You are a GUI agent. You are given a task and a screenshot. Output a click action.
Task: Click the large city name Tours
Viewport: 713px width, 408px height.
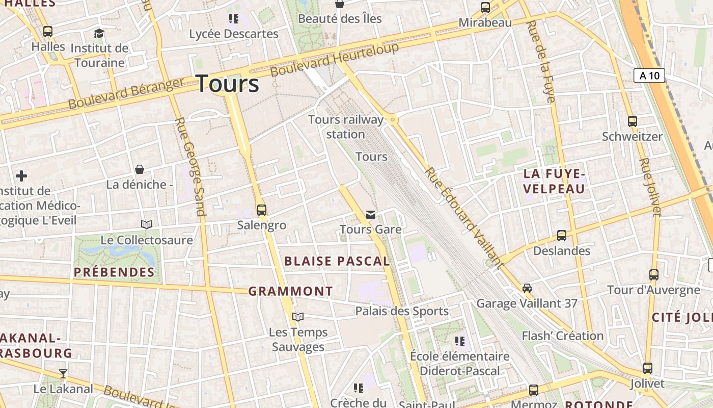click(227, 84)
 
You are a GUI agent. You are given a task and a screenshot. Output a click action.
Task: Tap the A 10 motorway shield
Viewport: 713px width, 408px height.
click(649, 76)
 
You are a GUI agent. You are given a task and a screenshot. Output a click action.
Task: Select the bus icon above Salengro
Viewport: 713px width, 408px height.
click(262, 210)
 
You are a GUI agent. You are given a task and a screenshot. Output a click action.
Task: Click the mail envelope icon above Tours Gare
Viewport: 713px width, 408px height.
click(371, 215)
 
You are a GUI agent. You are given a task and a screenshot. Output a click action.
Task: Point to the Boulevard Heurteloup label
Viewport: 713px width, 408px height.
click(334, 60)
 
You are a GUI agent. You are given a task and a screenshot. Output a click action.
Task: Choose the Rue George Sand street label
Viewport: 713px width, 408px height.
click(190, 168)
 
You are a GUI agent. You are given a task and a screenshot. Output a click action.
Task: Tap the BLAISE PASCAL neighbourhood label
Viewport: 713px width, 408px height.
click(337, 262)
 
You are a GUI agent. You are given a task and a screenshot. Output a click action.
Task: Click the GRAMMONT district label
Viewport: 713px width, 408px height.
click(290, 292)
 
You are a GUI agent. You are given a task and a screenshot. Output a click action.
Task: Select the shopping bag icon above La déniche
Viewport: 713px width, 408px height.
click(140, 169)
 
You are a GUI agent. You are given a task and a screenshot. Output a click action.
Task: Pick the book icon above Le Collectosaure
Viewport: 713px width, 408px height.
click(147, 224)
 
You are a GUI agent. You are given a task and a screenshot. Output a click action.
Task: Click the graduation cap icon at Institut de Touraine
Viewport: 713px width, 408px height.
click(99, 33)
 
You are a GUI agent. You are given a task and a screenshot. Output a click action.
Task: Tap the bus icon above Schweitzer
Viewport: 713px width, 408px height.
click(633, 121)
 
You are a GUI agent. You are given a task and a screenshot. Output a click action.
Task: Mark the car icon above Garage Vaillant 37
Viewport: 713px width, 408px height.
click(527, 288)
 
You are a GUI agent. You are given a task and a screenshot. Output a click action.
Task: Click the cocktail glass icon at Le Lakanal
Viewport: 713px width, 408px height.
click(63, 374)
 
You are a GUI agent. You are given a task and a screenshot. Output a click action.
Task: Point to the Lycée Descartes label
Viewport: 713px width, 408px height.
click(234, 34)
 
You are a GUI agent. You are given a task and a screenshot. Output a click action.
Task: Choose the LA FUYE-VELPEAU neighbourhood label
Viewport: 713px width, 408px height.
click(554, 182)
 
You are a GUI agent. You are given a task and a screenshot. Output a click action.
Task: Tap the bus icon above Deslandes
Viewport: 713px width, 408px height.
click(562, 236)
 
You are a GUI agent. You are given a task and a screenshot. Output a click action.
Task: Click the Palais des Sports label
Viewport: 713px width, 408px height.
click(402, 311)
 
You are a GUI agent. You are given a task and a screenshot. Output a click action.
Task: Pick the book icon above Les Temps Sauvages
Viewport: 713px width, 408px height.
click(298, 317)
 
